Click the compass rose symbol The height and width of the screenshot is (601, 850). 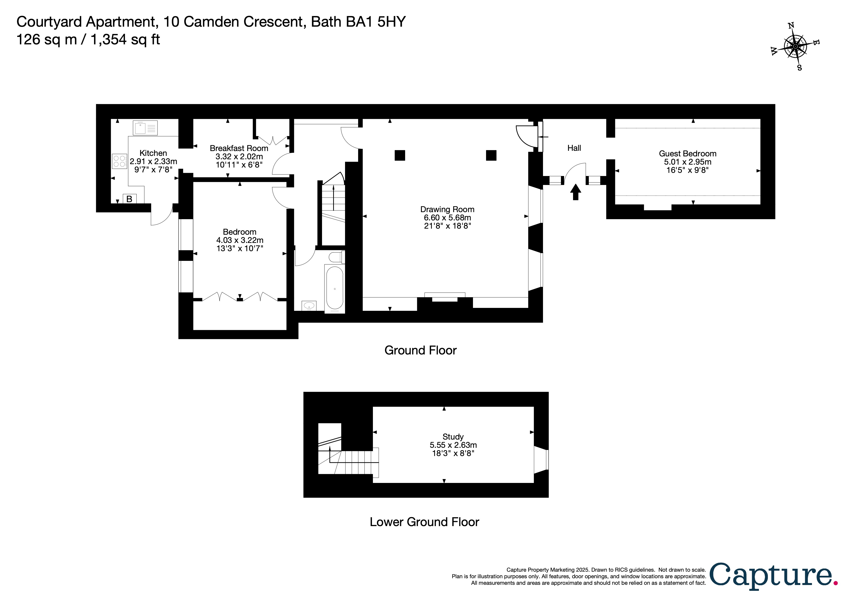click(x=795, y=47)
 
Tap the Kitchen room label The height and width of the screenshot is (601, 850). click(x=153, y=153)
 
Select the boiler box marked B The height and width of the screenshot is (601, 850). click(x=129, y=199)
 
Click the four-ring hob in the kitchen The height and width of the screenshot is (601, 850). click(x=119, y=161)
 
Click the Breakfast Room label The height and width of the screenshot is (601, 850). click(x=239, y=148)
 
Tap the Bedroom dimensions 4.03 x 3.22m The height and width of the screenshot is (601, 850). click(x=240, y=240)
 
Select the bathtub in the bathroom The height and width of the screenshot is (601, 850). click(x=335, y=288)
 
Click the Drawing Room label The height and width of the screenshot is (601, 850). click(x=447, y=209)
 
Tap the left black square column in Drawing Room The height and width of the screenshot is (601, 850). click(x=400, y=155)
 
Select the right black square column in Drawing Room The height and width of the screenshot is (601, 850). click(x=491, y=155)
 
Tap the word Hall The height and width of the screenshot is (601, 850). click(x=574, y=148)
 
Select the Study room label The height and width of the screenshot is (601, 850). click(x=453, y=437)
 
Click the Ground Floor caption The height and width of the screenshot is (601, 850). click(x=421, y=350)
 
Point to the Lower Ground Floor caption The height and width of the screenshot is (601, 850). click(x=424, y=522)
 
